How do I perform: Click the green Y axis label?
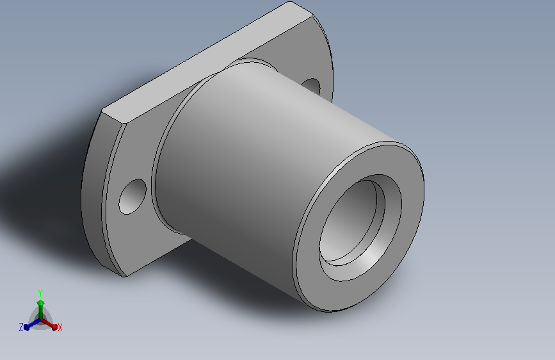coord(40,293)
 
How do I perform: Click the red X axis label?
coord(60,327)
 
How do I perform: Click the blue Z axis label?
coord(21,327)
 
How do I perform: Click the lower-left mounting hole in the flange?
coord(133,196)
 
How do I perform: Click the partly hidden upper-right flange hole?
coord(311,86)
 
